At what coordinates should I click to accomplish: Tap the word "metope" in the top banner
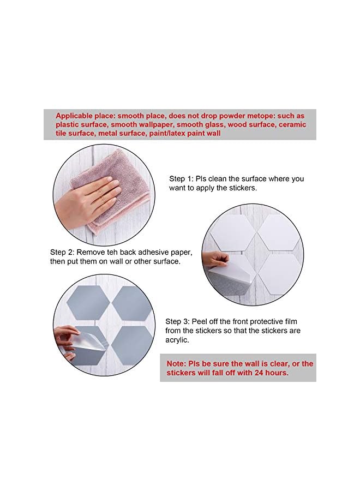244,116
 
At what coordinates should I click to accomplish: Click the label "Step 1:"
182,179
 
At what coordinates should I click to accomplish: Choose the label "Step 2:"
62,253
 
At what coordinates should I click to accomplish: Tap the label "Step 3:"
178,322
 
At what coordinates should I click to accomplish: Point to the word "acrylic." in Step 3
179,339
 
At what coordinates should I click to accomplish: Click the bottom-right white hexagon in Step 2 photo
278,273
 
